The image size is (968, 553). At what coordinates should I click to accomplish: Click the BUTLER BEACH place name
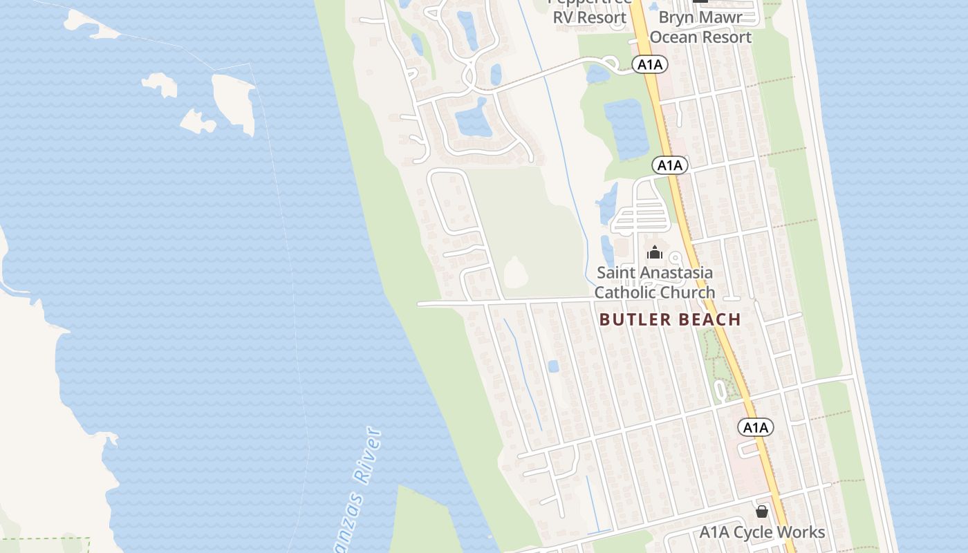click(x=670, y=319)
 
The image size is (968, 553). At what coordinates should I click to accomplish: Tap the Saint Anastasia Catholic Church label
click(x=654, y=282)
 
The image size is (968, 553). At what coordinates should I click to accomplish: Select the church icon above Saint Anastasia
click(x=655, y=253)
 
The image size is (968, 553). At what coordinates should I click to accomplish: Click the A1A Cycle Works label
click(x=762, y=532)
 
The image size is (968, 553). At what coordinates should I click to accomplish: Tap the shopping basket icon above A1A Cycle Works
click(x=761, y=512)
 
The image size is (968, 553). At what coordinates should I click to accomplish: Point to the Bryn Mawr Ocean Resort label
click(x=700, y=27)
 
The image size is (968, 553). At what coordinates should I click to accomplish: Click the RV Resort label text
click(x=589, y=17)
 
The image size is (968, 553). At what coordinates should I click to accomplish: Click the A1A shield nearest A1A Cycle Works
click(x=755, y=427)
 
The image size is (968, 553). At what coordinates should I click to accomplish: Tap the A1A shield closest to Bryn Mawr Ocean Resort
click(x=649, y=65)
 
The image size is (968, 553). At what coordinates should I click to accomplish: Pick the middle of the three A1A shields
click(x=669, y=165)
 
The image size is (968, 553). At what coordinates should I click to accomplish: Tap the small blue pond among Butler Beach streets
click(x=553, y=366)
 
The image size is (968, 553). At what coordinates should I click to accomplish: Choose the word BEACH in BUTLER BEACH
click(x=709, y=319)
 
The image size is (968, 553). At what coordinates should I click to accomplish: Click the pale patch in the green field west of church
click(x=514, y=272)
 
